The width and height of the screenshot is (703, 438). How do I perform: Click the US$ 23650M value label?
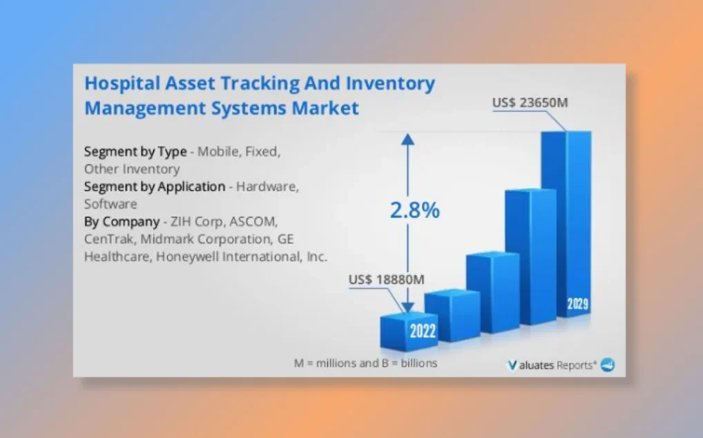click(x=530, y=103)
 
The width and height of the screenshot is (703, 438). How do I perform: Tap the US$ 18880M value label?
click(x=386, y=280)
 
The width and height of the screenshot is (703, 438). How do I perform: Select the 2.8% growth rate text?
click(x=415, y=210)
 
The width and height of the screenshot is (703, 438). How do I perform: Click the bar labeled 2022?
click(x=408, y=331)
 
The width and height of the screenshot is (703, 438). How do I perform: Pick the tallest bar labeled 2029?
click(x=566, y=224)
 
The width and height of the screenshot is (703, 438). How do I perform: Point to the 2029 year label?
click(x=577, y=304)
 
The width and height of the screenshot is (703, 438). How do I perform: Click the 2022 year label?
click(x=423, y=331)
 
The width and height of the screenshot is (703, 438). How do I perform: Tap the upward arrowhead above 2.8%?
click(x=407, y=140)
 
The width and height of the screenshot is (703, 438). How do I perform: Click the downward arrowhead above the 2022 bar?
click(x=407, y=307)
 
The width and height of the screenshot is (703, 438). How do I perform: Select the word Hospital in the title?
click(x=122, y=84)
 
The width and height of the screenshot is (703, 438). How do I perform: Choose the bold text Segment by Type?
click(x=135, y=151)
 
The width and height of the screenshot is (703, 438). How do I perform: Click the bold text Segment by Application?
click(x=155, y=187)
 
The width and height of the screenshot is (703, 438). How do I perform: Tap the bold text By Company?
click(x=122, y=222)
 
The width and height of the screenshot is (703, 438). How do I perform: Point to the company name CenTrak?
click(x=109, y=239)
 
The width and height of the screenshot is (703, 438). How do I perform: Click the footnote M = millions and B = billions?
click(x=365, y=363)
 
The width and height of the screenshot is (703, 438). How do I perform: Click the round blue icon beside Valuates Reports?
click(x=608, y=365)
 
